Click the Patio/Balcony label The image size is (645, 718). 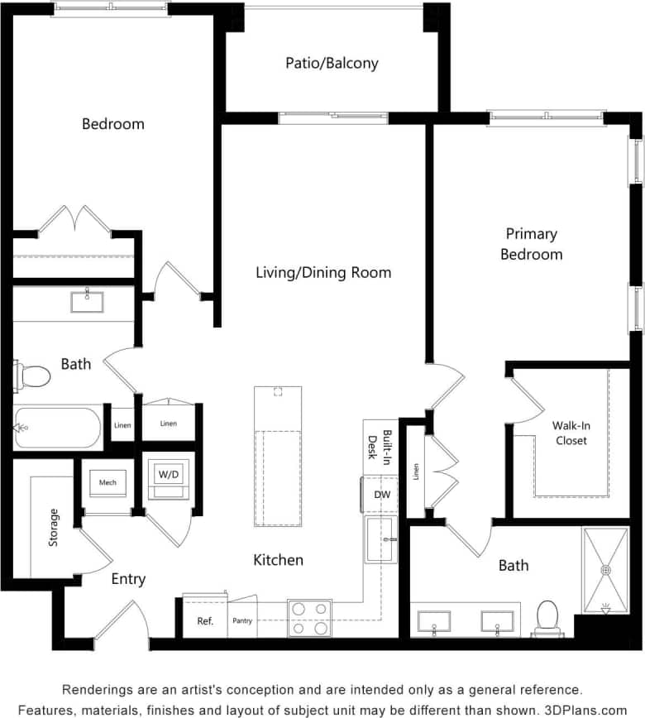click(332, 63)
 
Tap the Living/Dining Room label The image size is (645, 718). click(323, 272)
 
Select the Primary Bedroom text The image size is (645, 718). click(531, 244)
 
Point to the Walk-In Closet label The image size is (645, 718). click(571, 433)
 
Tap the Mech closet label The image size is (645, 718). click(107, 482)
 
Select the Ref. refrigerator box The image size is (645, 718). click(205, 621)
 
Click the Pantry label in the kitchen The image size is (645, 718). click(242, 621)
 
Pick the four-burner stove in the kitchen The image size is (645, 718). click(309, 618)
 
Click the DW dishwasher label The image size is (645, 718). click(381, 495)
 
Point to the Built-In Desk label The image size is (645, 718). click(377, 447)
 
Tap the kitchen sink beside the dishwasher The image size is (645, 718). click(381, 539)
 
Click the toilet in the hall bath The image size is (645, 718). click(33, 376)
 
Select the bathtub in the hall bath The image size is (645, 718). click(58, 427)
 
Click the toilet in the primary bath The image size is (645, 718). click(547, 618)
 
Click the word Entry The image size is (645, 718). click(128, 579)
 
